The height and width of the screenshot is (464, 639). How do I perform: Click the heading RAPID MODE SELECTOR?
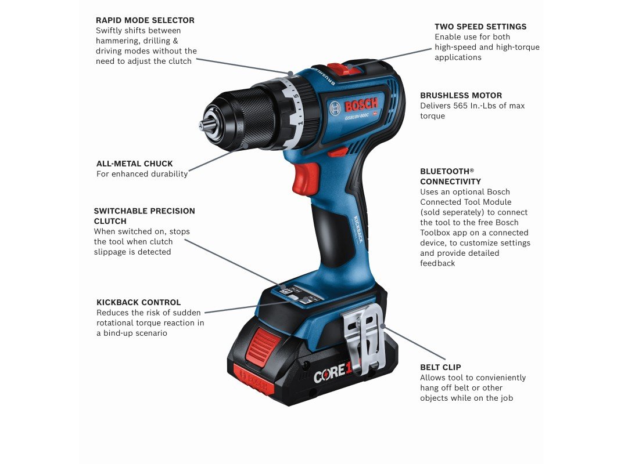pos(145,20)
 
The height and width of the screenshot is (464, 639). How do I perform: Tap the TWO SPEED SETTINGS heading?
pos(480,27)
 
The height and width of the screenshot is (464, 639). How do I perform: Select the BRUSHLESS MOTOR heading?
pos(461,95)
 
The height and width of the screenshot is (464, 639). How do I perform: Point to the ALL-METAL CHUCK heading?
pos(135,164)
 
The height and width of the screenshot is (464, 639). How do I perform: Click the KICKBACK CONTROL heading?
pos(139,302)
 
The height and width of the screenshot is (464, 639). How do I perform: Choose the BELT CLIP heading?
pos(440,367)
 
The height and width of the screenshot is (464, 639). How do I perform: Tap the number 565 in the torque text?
pos(461,106)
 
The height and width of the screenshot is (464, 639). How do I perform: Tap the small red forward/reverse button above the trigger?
pos(339,152)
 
